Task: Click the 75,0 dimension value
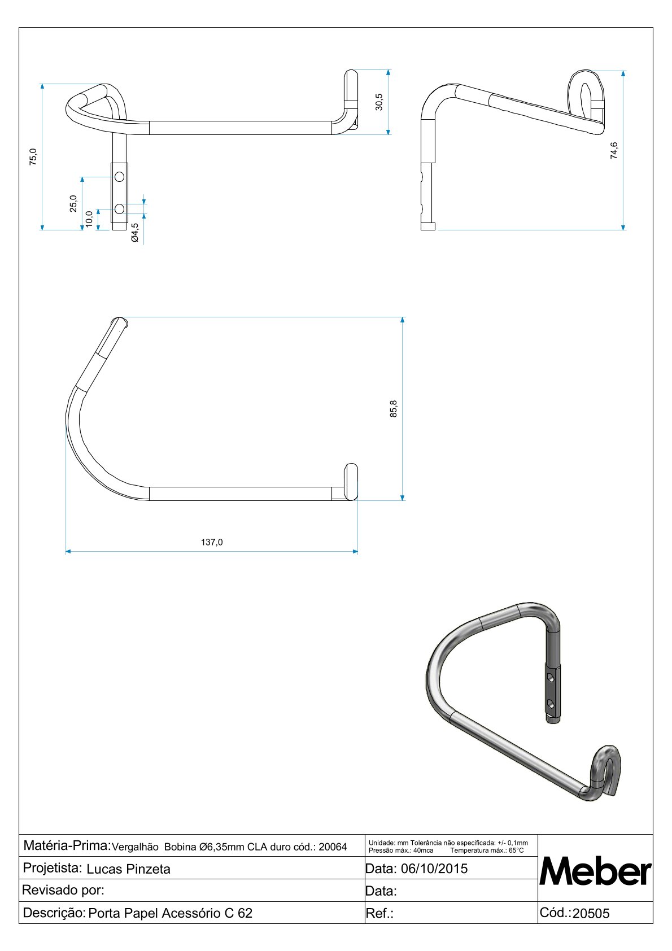(x=33, y=156)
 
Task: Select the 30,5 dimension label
(x=379, y=102)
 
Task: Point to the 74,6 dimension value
(x=614, y=150)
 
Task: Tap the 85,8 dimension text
(x=394, y=409)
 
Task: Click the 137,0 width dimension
(x=212, y=542)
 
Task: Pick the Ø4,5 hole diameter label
(x=135, y=233)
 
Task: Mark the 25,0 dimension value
(x=73, y=203)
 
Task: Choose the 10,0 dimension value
(x=89, y=219)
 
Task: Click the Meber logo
(x=595, y=871)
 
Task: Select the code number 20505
(x=591, y=914)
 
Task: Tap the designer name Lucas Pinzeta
(x=128, y=869)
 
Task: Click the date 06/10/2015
(x=434, y=869)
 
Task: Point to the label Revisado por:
(x=63, y=891)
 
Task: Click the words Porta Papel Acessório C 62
(x=171, y=913)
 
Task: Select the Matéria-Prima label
(x=66, y=845)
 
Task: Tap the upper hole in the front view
(x=119, y=177)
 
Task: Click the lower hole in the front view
(x=119, y=209)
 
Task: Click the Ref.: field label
(x=379, y=914)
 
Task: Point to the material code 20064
(x=333, y=847)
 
